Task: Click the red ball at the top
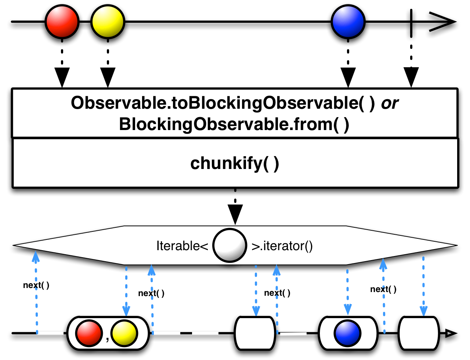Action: [x=62, y=22]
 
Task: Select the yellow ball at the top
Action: [x=108, y=22]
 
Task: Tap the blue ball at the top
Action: [x=348, y=22]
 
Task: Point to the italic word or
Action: [x=390, y=104]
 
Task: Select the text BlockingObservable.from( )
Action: [x=234, y=125]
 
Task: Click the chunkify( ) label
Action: [x=235, y=163]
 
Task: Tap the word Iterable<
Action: [x=182, y=246]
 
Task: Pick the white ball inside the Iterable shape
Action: [x=229, y=245]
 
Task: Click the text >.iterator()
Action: [x=282, y=246]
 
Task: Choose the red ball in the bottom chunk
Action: [x=88, y=334]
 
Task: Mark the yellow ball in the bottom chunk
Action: [x=124, y=334]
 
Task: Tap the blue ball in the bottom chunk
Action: [x=347, y=334]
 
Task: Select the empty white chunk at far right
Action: [x=419, y=334]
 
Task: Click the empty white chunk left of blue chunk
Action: [x=255, y=334]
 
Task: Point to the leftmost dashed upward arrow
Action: [x=36, y=290]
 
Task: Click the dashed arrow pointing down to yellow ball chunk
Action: [x=126, y=290]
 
